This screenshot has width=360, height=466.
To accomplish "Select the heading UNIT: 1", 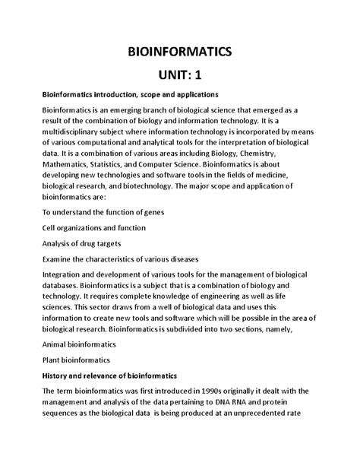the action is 179,75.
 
